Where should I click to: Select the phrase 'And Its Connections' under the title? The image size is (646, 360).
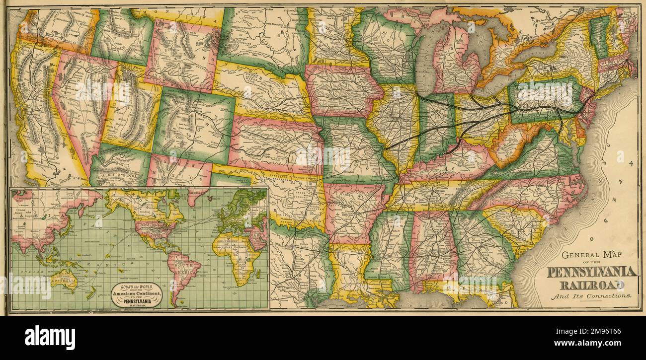(590, 296)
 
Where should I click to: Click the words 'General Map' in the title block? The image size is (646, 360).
(591, 256)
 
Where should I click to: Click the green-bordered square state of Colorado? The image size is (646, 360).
(194, 122)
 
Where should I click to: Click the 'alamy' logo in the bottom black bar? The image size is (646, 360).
(50, 338)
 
